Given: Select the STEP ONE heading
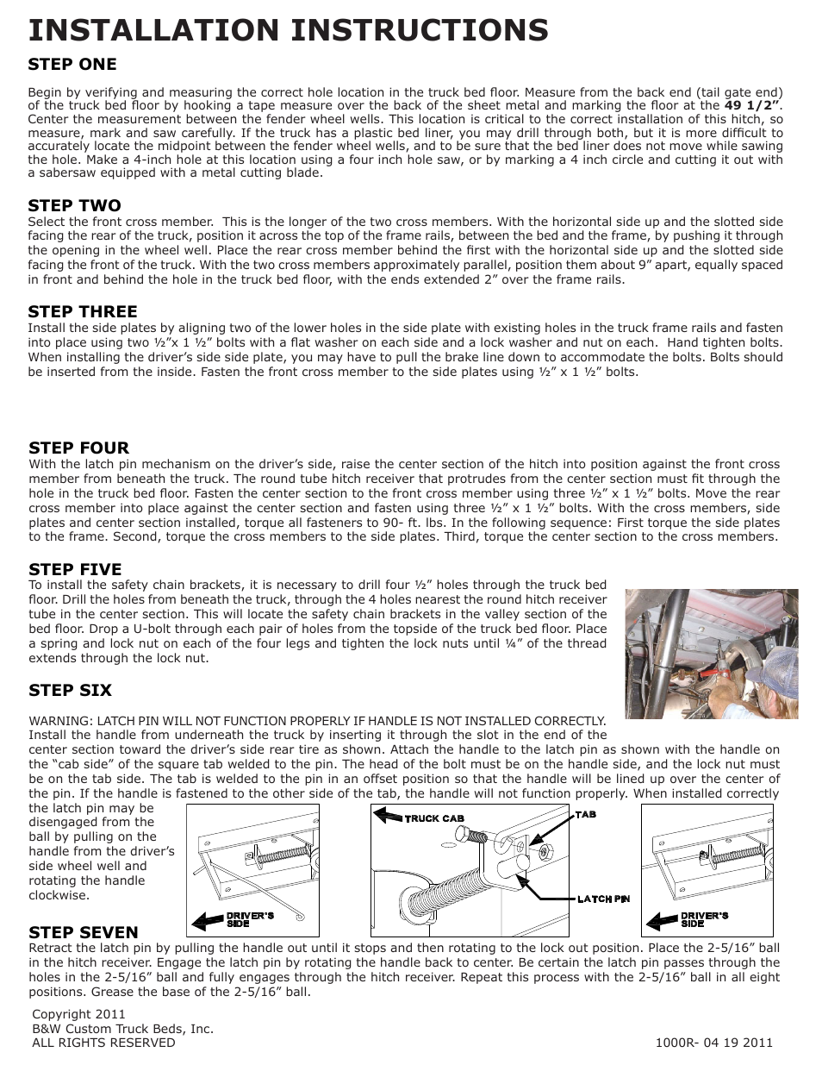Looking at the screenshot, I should tap(72, 64).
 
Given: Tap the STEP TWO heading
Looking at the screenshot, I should tap(74, 205).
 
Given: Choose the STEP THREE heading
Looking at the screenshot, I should tap(83, 311).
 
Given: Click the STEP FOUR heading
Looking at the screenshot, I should tap(78, 448).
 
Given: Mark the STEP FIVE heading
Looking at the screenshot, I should tap(75, 569).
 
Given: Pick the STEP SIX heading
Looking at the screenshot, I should tap(70, 690).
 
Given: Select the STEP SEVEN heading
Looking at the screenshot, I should tap(83, 932).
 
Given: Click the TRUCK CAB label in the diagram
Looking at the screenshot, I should tap(434, 818).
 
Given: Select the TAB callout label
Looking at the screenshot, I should tap(585, 814).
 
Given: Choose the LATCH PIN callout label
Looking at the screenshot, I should tap(603, 899).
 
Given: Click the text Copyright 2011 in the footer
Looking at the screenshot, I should tap(78, 1014).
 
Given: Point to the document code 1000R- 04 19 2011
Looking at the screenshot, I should tap(713, 1042).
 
